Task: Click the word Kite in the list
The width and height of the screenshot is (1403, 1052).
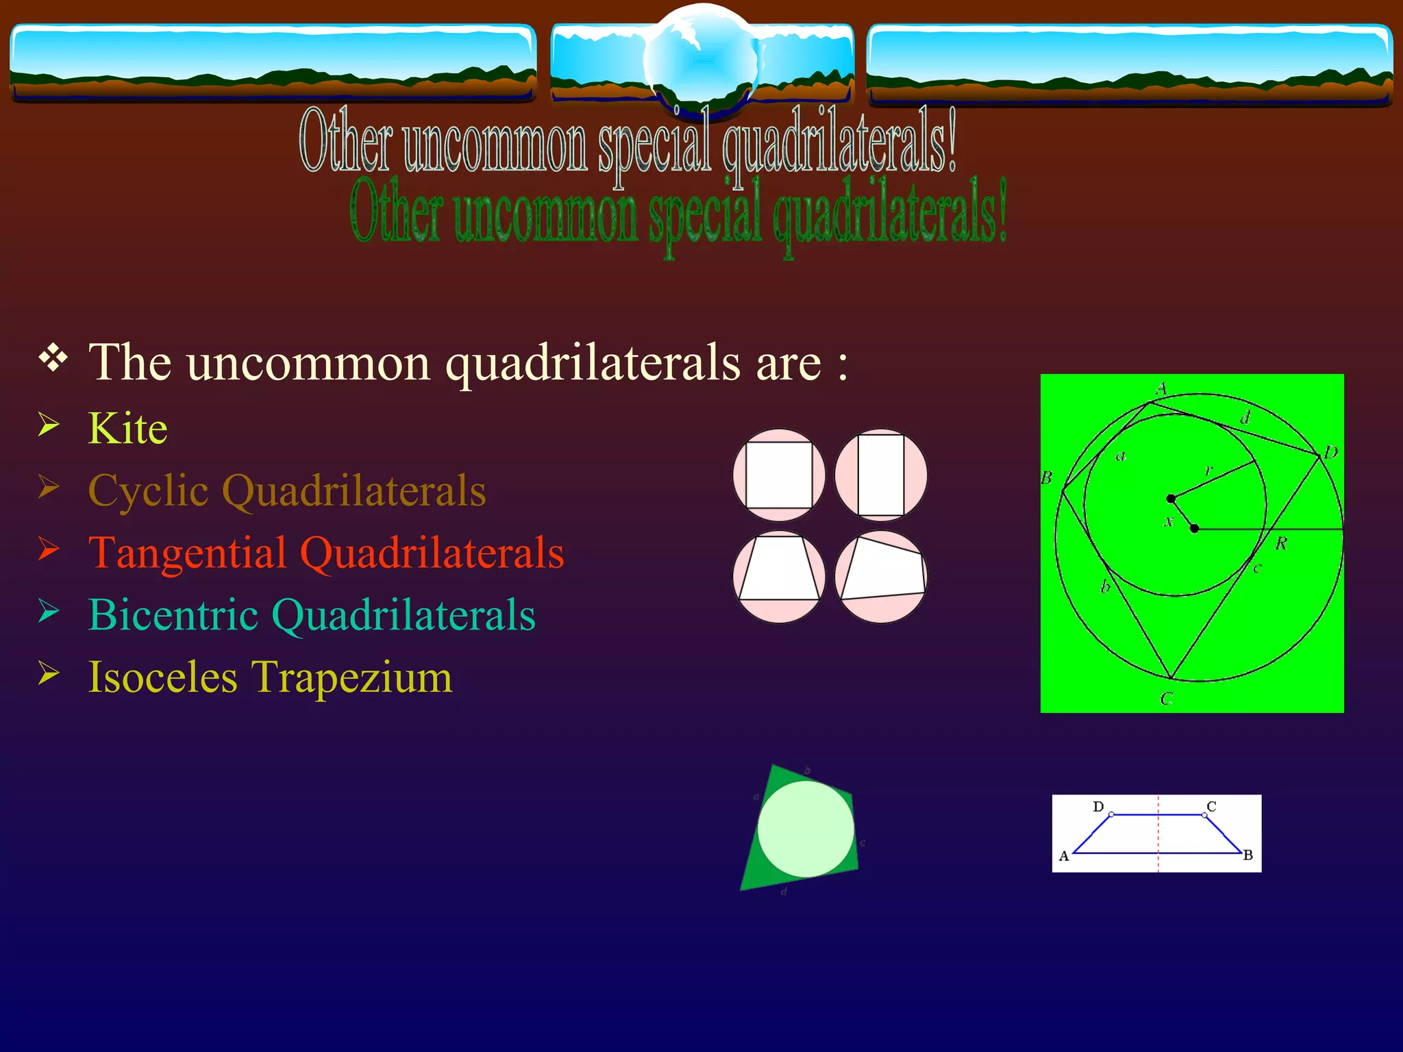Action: [127, 429]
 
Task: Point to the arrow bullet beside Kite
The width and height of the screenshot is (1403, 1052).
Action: [49, 425]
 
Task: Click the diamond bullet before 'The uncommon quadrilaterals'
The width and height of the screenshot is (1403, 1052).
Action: [53, 358]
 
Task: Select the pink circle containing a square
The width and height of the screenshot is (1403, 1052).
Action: [779, 475]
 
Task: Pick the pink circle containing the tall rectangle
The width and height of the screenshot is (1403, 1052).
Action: [881, 475]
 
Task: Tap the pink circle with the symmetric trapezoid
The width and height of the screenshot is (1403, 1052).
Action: [779, 576]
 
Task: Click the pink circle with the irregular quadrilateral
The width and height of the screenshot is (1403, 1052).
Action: [881, 576]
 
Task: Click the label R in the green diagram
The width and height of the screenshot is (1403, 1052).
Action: [1280, 544]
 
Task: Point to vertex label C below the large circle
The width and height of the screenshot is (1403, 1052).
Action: [1167, 699]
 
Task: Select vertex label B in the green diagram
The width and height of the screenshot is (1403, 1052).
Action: [1046, 477]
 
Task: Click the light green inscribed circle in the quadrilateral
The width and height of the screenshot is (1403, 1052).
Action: [806, 829]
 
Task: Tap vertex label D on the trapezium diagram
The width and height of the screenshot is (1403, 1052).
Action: [1098, 806]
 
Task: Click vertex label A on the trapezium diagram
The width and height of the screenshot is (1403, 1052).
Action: [1064, 856]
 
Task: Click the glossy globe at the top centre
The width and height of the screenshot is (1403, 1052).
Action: [701, 58]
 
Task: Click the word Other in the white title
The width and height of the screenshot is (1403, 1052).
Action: [346, 140]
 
